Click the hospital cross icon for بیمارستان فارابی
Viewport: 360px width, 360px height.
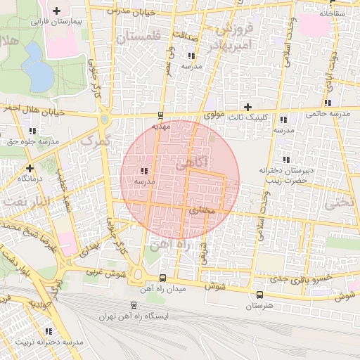[x=56, y=11]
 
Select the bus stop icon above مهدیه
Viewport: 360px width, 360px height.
[x=161, y=115]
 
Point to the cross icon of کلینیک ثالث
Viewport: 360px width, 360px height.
[x=247, y=106]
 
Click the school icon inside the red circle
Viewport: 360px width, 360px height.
[x=144, y=171]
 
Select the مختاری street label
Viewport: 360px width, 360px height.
[x=202, y=210]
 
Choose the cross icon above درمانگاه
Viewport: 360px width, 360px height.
[x=30, y=168]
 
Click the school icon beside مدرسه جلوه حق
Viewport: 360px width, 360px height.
[x=32, y=131]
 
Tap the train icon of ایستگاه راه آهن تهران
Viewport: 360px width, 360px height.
[x=134, y=305]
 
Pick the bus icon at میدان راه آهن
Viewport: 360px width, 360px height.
[x=163, y=278]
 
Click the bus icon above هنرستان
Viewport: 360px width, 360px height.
[x=260, y=295]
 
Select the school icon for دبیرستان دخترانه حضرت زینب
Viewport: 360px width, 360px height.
[x=285, y=159]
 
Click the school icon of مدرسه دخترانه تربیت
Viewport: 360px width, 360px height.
[x=49, y=330]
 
